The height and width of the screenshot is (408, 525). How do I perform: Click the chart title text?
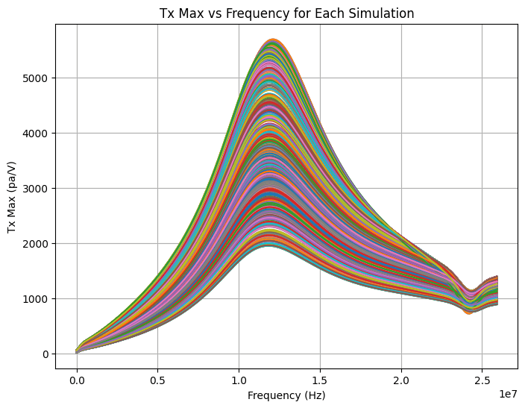pos(286,13)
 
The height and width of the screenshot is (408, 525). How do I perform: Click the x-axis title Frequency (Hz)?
pos(286,395)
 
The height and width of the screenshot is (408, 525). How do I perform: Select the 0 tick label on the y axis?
pos(45,354)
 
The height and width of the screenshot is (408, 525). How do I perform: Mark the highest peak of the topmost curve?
pos(273,39)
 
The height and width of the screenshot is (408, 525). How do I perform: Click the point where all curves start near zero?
pos(77,351)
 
